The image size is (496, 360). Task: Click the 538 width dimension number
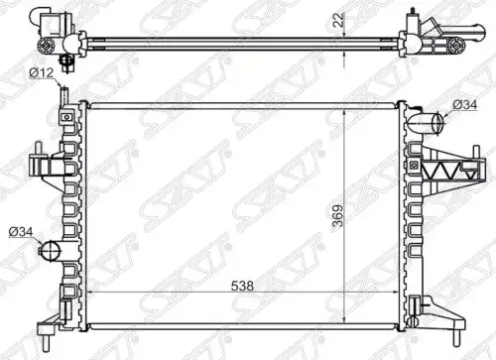tap(242, 286)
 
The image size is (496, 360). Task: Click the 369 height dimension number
tap(338, 216)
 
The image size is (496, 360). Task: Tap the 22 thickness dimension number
tap(338, 20)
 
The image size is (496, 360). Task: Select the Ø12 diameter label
tap(42, 72)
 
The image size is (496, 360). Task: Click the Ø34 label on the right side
tap(464, 105)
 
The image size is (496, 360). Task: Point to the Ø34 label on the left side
tap(21, 232)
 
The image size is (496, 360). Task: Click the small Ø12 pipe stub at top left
tap(64, 96)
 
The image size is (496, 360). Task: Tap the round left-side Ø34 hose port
tap(51, 251)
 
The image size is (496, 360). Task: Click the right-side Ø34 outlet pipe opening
tap(437, 123)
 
